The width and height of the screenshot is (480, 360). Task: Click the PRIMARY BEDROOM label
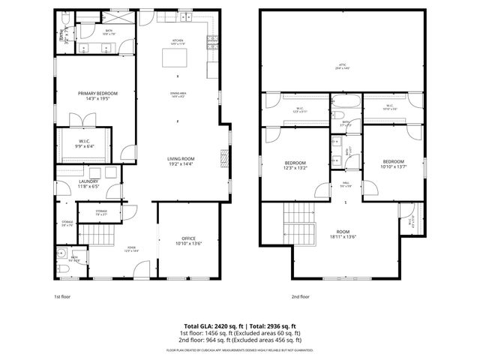click(97, 93)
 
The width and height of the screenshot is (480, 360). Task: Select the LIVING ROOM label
click(181, 159)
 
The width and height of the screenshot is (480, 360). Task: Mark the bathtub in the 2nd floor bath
click(346, 104)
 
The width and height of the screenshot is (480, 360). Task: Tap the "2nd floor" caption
click(300, 297)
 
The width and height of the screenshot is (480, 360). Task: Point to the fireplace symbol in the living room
click(223, 157)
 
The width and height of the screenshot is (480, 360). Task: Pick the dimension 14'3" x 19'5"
click(97, 98)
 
